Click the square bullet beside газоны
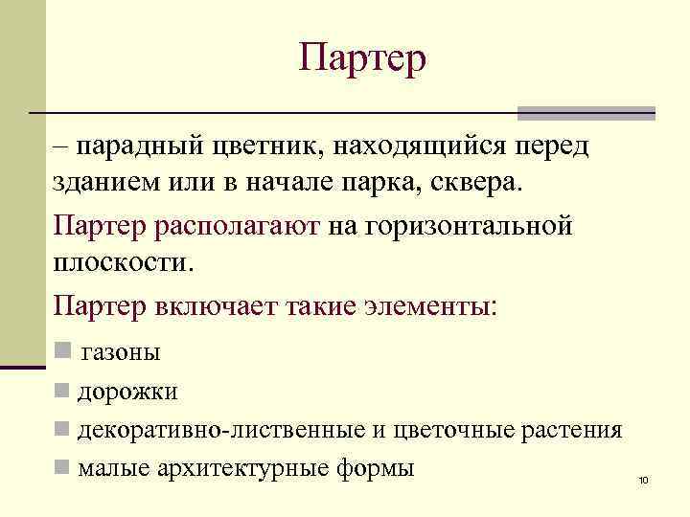coord(63,350)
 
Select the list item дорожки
coord(127,391)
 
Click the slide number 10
coord(643,479)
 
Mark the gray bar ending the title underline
coord(586,113)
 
